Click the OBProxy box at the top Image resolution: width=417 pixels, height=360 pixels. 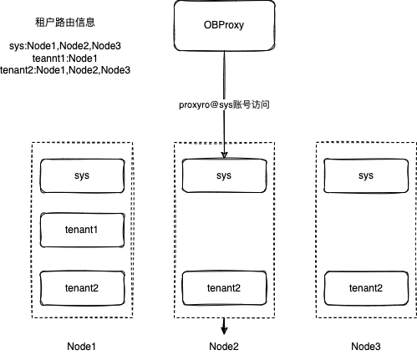[x=224, y=24]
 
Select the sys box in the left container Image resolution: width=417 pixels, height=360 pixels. [x=82, y=175]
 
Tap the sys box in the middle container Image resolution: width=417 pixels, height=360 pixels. [x=224, y=175]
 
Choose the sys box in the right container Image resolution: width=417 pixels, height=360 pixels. [x=365, y=175]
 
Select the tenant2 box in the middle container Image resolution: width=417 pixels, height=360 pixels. [x=224, y=288]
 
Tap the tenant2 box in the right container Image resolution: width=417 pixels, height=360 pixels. [x=365, y=288]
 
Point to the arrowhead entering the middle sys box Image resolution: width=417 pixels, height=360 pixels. [x=224, y=155]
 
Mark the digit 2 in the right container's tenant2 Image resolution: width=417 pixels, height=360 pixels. [x=383, y=288]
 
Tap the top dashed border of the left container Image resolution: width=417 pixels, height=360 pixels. [x=82, y=141]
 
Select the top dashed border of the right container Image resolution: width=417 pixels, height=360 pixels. [x=365, y=142]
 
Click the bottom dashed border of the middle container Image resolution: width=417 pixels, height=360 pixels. [x=224, y=317]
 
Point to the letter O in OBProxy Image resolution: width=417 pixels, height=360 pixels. [x=206, y=24]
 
